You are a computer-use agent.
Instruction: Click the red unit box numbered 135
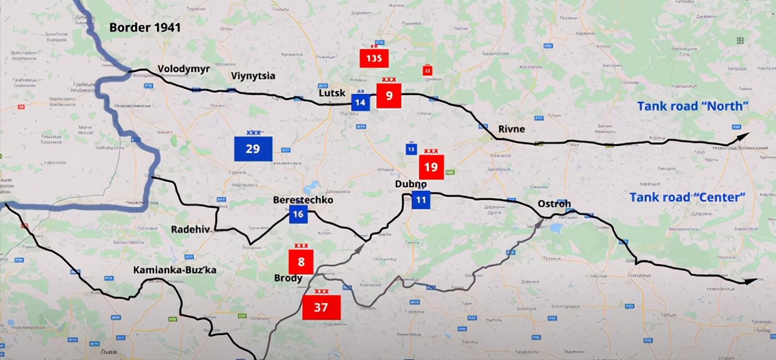[x=373, y=58]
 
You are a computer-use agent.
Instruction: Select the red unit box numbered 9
[x=389, y=96]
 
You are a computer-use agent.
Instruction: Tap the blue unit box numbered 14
[x=360, y=102]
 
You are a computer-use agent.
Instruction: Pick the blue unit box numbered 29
[x=253, y=149]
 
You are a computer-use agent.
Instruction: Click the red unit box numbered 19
[x=431, y=167]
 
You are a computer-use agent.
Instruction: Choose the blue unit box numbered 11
[x=421, y=200]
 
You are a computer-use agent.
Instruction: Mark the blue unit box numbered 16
[x=298, y=214]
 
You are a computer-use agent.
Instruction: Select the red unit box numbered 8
[x=301, y=262]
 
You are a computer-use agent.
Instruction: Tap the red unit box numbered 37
[x=321, y=308]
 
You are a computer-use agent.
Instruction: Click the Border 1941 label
[x=145, y=27]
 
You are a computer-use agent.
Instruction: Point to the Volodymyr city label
[x=184, y=69]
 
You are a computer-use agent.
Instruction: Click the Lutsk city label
[x=332, y=93]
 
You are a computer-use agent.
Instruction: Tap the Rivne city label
[x=511, y=129]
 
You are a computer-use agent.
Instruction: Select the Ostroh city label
[x=554, y=204]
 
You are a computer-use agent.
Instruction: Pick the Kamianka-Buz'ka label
[x=175, y=270]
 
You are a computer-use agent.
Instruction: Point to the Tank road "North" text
[x=693, y=106]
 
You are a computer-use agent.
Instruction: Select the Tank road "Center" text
[x=687, y=197]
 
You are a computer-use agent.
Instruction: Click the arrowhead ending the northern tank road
[x=743, y=137]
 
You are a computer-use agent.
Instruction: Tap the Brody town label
[x=288, y=278]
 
